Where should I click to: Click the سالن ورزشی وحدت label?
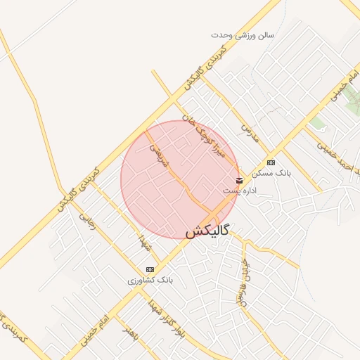(x=243, y=34)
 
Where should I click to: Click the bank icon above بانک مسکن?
(x=271, y=162)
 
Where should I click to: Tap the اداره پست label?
(x=240, y=191)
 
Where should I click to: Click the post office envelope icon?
(x=240, y=181)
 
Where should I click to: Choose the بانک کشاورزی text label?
(x=150, y=280)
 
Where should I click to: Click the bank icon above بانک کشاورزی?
(x=150, y=269)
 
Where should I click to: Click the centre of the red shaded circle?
(x=180, y=179)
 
